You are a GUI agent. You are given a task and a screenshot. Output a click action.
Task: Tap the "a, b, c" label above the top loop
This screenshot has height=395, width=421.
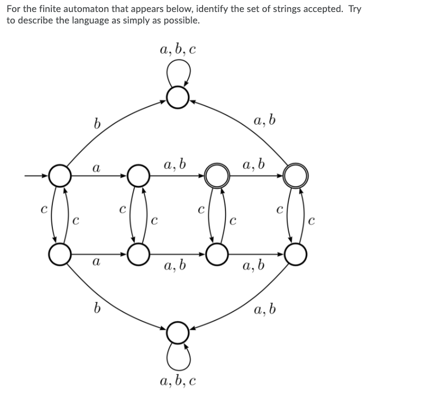point(178,50)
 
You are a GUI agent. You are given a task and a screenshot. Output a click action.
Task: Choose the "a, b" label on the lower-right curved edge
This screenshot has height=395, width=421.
point(265,310)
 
